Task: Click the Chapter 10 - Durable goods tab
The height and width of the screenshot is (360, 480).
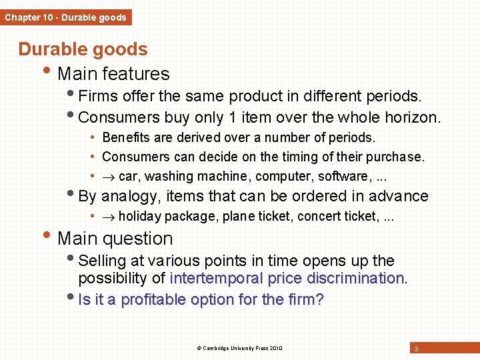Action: [x=65, y=17]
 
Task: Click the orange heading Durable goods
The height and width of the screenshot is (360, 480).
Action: [x=83, y=49]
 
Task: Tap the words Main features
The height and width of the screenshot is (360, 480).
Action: [x=113, y=74]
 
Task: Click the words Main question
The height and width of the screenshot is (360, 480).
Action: [x=115, y=239]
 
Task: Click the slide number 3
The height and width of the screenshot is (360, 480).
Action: [x=416, y=349]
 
